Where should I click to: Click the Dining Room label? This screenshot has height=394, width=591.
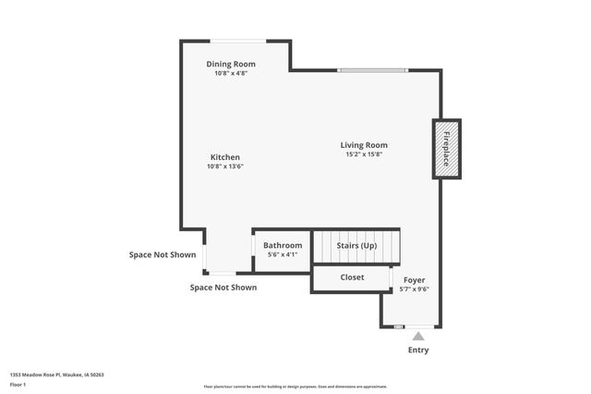pyautogui.click(x=230, y=64)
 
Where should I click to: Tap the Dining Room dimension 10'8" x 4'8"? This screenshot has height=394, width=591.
pyautogui.click(x=230, y=73)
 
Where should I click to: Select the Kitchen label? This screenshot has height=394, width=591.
pyautogui.click(x=224, y=157)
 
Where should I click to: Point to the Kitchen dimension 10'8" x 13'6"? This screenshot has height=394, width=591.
pyautogui.click(x=224, y=166)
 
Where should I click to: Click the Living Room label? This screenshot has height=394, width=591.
pyautogui.click(x=364, y=144)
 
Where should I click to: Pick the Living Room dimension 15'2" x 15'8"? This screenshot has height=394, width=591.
pyautogui.click(x=364, y=154)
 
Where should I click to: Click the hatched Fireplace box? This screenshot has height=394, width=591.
pyautogui.click(x=446, y=149)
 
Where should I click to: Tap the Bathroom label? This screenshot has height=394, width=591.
pyautogui.click(x=283, y=245)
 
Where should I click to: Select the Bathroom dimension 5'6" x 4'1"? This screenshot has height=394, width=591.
pyautogui.click(x=283, y=254)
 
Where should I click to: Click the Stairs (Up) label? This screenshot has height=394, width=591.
pyautogui.click(x=356, y=245)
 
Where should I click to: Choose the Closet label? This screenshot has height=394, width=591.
pyautogui.click(x=352, y=277)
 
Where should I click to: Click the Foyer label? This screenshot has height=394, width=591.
pyautogui.click(x=415, y=279)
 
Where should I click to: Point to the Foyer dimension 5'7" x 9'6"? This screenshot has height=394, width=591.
pyautogui.click(x=415, y=289)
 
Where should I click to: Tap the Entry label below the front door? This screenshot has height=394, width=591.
pyautogui.click(x=418, y=351)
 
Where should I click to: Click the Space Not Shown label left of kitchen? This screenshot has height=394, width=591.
pyautogui.click(x=163, y=254)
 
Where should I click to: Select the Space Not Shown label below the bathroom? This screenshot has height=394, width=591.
pyautogui.click(x=223, y=288)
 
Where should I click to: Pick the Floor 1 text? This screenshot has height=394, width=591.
pyautogui.click(x=18, y=384)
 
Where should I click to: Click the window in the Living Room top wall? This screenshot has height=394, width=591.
pyautogui.click(x=371, y=70)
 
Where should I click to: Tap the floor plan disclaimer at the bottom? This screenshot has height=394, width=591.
pyautogui.click(x=295, y=387)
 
